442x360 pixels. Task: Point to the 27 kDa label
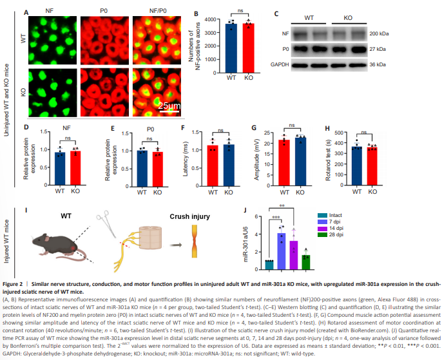[371, 48]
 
